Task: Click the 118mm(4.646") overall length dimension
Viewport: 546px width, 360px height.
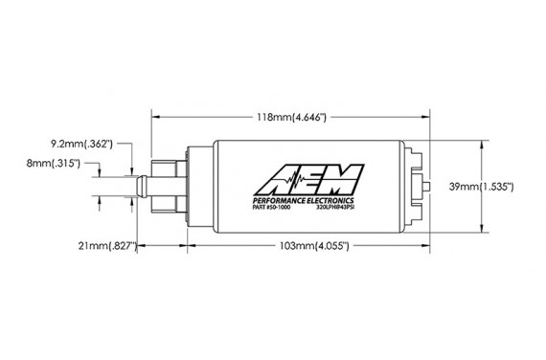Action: click(x=287, y=117)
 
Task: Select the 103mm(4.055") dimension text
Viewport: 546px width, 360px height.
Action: click(x=307, y=246)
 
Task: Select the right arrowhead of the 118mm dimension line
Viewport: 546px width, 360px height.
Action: click(x=423, y=117)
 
